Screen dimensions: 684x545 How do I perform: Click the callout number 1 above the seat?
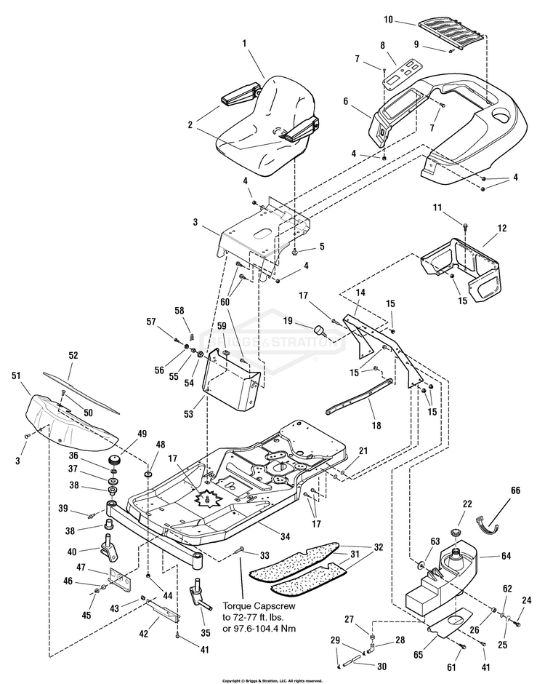(245, 44)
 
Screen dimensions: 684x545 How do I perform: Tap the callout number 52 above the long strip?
(73, 356)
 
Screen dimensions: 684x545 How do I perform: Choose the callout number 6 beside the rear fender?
(346, 103)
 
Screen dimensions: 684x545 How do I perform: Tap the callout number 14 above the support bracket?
(360, 292)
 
